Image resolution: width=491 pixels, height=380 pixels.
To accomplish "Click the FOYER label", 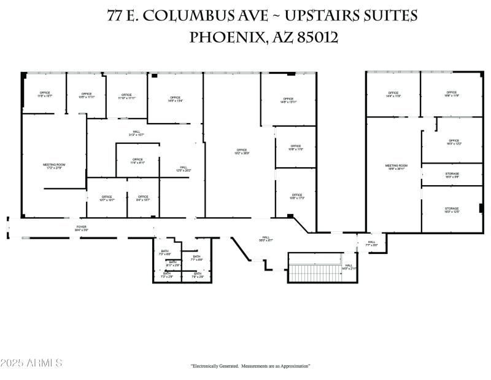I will click(82, 228).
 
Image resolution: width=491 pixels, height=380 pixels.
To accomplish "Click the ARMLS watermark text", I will click(32, 363).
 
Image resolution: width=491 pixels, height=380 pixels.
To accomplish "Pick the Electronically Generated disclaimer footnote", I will click(250, 366).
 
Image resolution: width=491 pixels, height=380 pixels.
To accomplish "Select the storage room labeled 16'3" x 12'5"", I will click(452, 210).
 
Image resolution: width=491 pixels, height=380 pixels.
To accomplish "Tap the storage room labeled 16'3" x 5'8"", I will click(452, 175).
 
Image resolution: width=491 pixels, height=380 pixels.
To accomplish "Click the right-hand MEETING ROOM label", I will click(396, 167).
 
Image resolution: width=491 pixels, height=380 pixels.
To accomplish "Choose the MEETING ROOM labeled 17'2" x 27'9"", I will click(54, 166).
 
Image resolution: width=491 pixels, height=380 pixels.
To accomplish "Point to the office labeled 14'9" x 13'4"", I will click(175, 99).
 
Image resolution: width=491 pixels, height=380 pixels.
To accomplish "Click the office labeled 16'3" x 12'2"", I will click(454, 142).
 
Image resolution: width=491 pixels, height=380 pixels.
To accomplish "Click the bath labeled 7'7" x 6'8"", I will click(196, 258).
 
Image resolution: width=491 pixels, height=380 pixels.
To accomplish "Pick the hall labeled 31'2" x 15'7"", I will click(136, 133).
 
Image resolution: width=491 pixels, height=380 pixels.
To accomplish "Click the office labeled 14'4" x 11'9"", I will click(393, 95).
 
